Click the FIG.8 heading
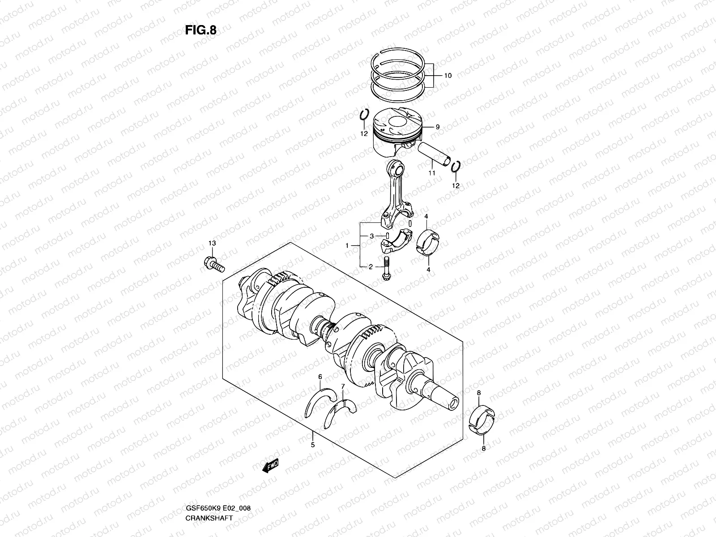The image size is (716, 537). pos(200,30)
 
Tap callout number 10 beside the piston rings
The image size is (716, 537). pos(447,76)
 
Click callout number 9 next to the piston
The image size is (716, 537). pos(437,127)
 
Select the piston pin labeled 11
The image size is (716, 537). pos(434,154)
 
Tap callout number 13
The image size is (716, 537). pos(212,243)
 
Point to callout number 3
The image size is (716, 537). pos(371,236)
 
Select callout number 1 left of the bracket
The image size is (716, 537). pos(347,246)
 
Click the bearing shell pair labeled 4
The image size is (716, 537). pos(429,242)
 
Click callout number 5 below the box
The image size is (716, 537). pos(312,445)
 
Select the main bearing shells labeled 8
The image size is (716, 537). pos(483,419)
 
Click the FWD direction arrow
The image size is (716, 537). pos(271,466)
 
